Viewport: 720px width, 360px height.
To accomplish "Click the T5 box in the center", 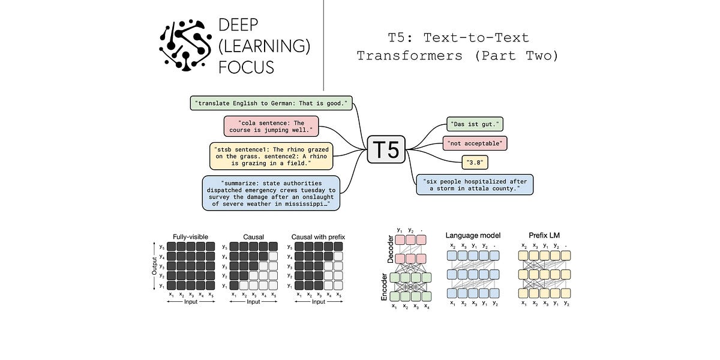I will coord(386,148).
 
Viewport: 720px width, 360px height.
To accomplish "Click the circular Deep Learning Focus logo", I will coord(185,45).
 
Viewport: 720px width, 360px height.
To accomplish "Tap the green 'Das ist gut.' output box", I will coord(475,125).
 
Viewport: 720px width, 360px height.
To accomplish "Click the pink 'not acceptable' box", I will coord(475,143).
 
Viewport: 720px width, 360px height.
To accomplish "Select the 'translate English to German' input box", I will coord(272,103).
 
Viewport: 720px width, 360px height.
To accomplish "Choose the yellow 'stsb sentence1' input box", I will coord(271,155).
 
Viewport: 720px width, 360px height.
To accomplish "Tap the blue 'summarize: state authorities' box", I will coord(271,193).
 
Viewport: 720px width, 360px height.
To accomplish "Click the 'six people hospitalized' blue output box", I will coord(475,184).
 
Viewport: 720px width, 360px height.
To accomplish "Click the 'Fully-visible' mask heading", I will coord(190,237).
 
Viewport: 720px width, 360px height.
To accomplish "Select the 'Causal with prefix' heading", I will coord(318,237).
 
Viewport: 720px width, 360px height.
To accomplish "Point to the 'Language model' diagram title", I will coord(473,235).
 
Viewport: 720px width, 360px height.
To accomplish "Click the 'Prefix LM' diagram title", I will coord(544,235).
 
